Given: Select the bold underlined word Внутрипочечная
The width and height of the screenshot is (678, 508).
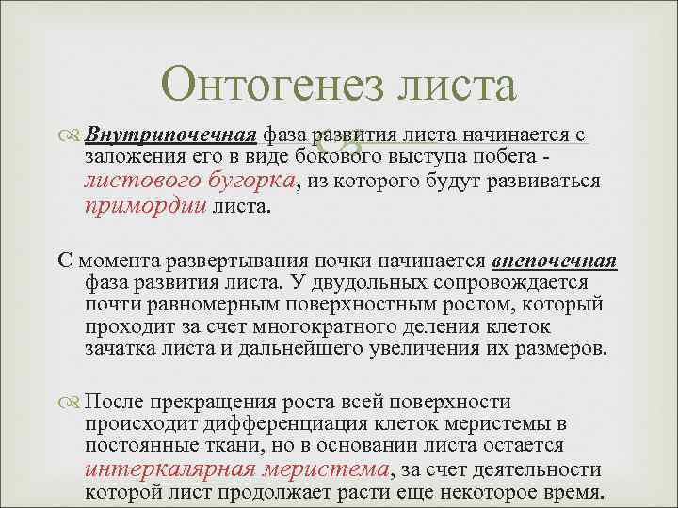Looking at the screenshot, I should click(172, 136).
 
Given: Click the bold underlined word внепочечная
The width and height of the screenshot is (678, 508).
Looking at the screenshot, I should click(554, 261).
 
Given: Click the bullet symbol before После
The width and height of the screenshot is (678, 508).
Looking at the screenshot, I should click(73, 401).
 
